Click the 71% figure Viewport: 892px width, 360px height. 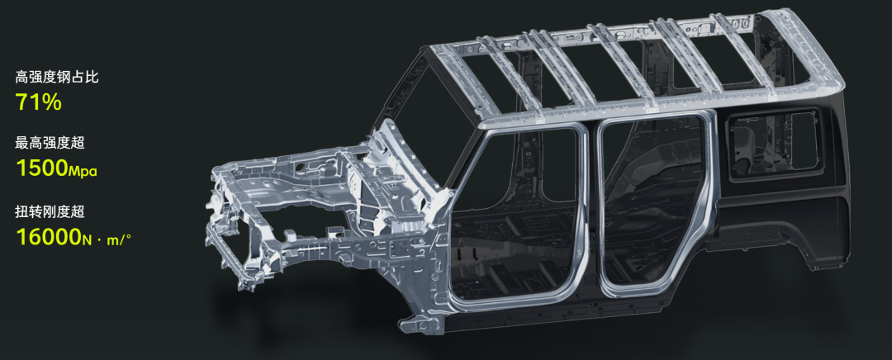38,102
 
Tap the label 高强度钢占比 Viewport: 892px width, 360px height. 57,77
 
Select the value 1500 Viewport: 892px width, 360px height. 41,168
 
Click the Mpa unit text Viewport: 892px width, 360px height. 83,171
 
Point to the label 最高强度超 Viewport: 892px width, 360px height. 50,143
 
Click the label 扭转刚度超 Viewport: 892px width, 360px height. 50,212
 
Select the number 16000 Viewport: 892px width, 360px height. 49,237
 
